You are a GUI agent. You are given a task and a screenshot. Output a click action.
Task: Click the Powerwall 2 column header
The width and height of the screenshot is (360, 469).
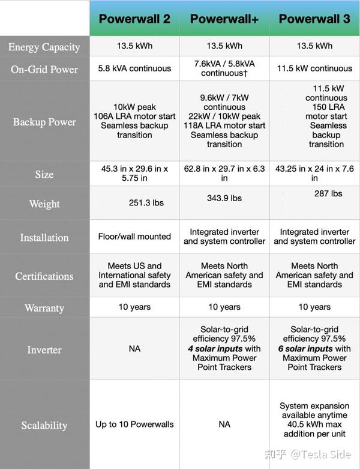(x=134, y=19)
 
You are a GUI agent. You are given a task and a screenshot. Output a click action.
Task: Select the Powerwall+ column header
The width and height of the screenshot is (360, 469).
(x=224, y=19)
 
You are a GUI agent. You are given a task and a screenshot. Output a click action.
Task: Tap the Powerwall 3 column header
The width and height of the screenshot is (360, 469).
(x=314, y=19)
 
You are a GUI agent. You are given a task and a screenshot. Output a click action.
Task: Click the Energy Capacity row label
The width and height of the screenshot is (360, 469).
(x=44, y=47)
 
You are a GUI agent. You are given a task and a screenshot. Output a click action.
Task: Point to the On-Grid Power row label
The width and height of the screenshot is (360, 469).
(x=44, y=69)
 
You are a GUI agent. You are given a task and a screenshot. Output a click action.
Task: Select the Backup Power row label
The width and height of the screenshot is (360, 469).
(x=44, y=122)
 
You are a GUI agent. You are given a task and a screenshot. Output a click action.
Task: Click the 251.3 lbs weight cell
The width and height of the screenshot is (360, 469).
(x=146, y=203)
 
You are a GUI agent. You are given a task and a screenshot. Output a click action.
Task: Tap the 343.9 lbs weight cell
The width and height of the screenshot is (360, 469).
(x=224, y=198)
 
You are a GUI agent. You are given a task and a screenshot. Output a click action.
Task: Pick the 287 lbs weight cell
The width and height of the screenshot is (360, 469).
(x=328, y=193)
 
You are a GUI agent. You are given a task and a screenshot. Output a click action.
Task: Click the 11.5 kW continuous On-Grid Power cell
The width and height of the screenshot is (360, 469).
(x=314, y=68)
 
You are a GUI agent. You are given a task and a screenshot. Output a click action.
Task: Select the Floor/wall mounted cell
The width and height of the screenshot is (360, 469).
(x=134, y=237)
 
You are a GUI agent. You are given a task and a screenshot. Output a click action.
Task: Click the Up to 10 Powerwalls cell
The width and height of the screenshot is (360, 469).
(x=134, y=424)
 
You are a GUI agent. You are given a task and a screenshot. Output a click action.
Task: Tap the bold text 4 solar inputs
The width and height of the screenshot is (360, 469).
(x=215, y=348)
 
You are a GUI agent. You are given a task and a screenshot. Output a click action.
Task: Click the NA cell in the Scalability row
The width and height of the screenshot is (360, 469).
(x=224, y=424)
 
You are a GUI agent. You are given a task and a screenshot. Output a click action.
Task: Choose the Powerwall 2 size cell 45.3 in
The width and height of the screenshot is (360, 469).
(x=134, y=174)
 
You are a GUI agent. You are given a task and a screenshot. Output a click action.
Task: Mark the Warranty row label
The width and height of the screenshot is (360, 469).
(x=44, y=308)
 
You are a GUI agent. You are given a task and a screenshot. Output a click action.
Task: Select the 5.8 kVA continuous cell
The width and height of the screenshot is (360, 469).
(x=134, y=68)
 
